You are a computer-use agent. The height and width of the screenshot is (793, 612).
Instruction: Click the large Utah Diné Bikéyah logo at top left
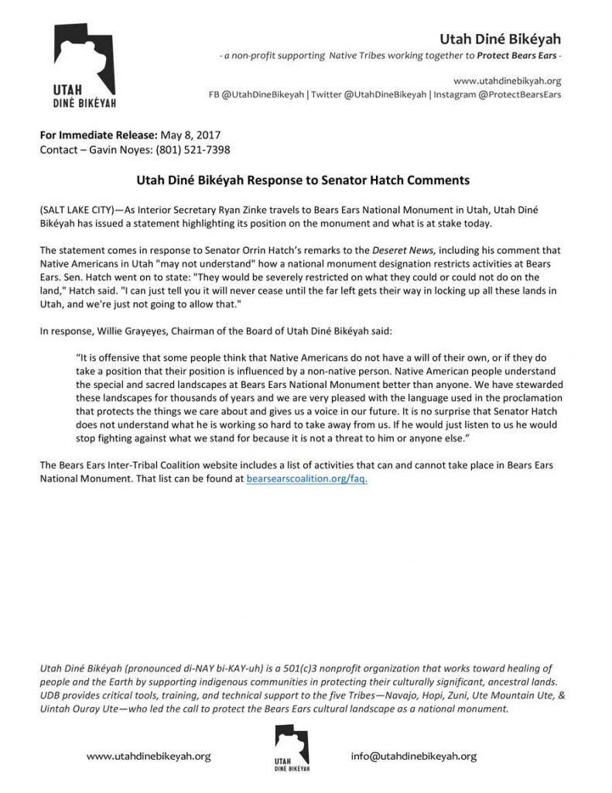click(x=85, y=66)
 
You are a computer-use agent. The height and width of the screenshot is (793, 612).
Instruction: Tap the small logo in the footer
click(x=290, y=750)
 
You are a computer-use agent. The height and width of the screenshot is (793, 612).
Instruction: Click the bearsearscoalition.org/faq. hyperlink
click(x=306, y=480)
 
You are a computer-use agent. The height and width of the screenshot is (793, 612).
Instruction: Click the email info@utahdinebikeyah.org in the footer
click(x=413, y=756)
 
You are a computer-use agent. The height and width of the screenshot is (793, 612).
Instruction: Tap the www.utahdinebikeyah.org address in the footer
click(x=148, y=756)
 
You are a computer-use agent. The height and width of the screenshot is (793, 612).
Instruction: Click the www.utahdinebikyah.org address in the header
click(x=507, y=80)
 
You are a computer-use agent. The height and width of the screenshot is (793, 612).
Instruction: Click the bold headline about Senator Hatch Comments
click(x=298, y=180)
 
